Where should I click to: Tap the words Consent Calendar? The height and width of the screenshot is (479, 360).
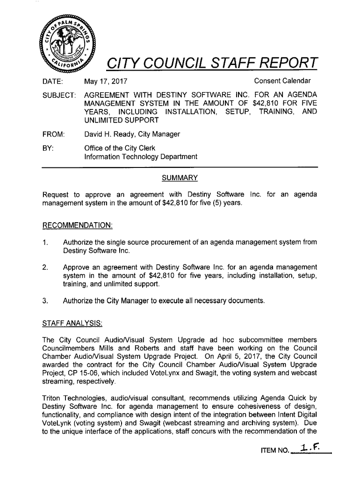tap(282, 81)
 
